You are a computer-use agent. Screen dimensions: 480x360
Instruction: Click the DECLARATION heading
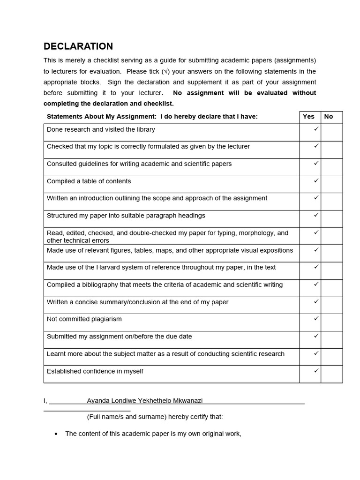(78, 46)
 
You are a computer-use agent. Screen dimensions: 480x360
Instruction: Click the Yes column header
(308, 117)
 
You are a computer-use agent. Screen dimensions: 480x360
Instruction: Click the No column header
(329, 117)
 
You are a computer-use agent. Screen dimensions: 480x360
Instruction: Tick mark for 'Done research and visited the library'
(316, 129)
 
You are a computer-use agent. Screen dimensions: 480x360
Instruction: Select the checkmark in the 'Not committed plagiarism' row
(316, 318)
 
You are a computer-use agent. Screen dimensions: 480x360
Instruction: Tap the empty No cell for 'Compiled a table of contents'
(332, 184)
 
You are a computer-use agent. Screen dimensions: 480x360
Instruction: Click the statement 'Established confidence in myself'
(95, 371)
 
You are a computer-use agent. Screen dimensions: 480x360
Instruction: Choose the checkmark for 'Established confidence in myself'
(316, 370)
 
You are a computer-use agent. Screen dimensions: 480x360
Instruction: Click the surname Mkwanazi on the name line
(186, 401)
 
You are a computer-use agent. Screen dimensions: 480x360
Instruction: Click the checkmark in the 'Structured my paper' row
(316, 215)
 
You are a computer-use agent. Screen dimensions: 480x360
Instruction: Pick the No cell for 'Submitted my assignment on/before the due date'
(332, 340)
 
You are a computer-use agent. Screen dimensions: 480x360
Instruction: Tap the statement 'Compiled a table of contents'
(89, 181)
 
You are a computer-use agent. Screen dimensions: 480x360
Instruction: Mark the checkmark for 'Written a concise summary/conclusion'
(316, 301)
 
